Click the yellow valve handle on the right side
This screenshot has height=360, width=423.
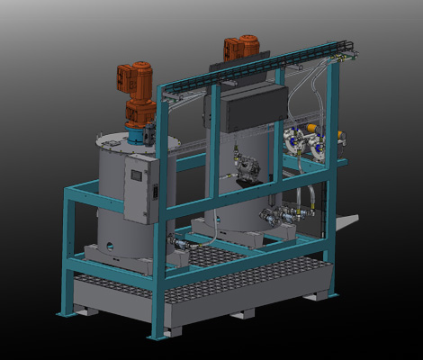[341, 138]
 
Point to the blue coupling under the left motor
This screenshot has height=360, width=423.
[136, 134]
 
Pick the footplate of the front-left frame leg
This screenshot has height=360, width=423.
[65, 314]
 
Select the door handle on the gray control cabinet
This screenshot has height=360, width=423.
[154, 191]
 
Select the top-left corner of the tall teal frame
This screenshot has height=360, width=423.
[161, 89]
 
